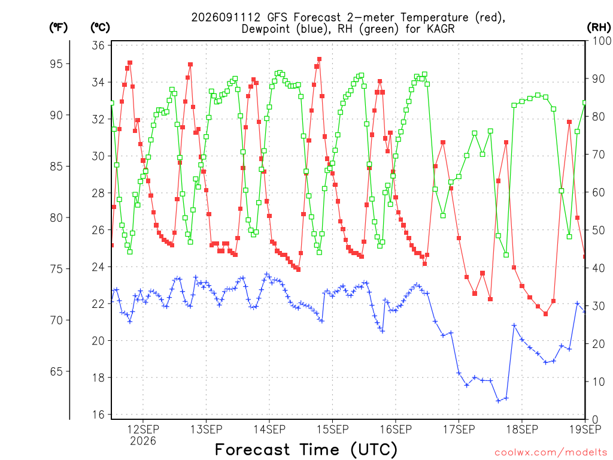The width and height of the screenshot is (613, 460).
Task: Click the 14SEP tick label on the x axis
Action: (269, 429)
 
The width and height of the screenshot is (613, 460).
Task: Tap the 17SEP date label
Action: (459, 429)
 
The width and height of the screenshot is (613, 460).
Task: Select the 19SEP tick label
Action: (585, 429)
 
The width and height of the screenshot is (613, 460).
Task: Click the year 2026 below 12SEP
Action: (142, 441)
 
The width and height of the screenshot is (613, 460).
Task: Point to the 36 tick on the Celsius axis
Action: (99, 46)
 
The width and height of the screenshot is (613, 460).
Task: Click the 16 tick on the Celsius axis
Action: (99, 414)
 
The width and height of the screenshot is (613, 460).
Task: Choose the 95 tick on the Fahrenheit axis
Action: (56, 63)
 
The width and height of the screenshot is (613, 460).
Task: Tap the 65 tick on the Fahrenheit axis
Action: (56, 371)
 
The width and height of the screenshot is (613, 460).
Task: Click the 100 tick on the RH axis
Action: (602, 41)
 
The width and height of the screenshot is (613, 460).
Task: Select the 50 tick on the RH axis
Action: (599, 231)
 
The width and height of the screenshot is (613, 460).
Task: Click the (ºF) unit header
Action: (58, 28)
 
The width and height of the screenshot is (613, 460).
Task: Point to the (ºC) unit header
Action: (100, 28)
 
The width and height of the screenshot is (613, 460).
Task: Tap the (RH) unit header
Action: (599, 28)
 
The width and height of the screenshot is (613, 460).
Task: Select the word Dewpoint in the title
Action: (267, 29)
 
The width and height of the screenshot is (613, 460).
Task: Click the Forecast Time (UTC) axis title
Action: (306, 449)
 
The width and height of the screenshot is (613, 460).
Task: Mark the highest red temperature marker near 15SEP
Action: (320, 59)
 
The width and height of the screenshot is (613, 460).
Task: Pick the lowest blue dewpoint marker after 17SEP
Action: (499, 401)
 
